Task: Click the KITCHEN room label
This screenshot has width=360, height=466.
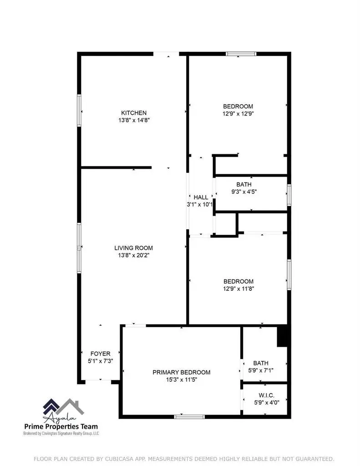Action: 133,113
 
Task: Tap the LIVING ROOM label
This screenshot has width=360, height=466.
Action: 133,248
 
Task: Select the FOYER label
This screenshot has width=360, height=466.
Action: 100,354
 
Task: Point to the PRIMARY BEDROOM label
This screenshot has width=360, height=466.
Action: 181,372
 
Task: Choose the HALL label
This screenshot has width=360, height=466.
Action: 201,197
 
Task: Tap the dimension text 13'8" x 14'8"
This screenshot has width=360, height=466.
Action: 133,121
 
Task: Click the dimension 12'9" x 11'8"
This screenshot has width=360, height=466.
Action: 238,289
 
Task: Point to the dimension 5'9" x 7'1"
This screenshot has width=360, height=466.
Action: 261,370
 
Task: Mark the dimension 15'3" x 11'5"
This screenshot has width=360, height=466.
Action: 181,380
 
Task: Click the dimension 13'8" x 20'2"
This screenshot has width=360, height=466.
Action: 133,255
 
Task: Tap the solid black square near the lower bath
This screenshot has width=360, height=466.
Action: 283,336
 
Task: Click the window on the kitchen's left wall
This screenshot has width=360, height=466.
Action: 79,110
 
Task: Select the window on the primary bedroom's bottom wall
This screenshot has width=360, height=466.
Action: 189,416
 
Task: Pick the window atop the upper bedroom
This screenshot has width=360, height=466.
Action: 241,54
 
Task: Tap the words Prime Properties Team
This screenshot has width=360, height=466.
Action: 61,426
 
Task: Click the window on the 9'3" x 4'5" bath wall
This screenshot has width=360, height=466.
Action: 289,195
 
